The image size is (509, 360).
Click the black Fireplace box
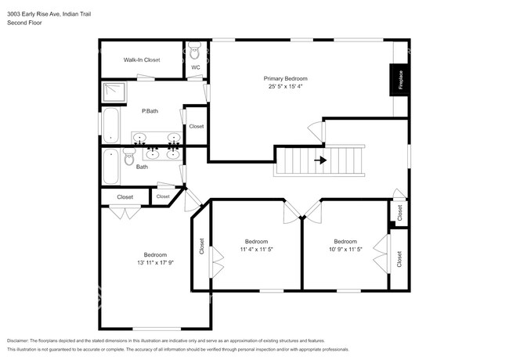(399, 79)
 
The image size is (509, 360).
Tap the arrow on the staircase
(320, 161)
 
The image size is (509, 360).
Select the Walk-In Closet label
(142, 59)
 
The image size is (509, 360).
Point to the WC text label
(196, 68)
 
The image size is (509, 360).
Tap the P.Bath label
(150, 111)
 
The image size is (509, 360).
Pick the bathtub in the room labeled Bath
(110, 165)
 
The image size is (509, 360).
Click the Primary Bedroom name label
(285, 78)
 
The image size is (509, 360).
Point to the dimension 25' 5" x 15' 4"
(285, 86)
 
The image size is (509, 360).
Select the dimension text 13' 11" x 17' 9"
(155, 262)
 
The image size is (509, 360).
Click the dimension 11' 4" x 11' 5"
(256, 249)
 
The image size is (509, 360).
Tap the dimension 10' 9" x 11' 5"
(345, 249)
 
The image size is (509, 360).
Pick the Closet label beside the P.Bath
(196, 126)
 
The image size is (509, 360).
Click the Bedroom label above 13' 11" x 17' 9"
(155, 254)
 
